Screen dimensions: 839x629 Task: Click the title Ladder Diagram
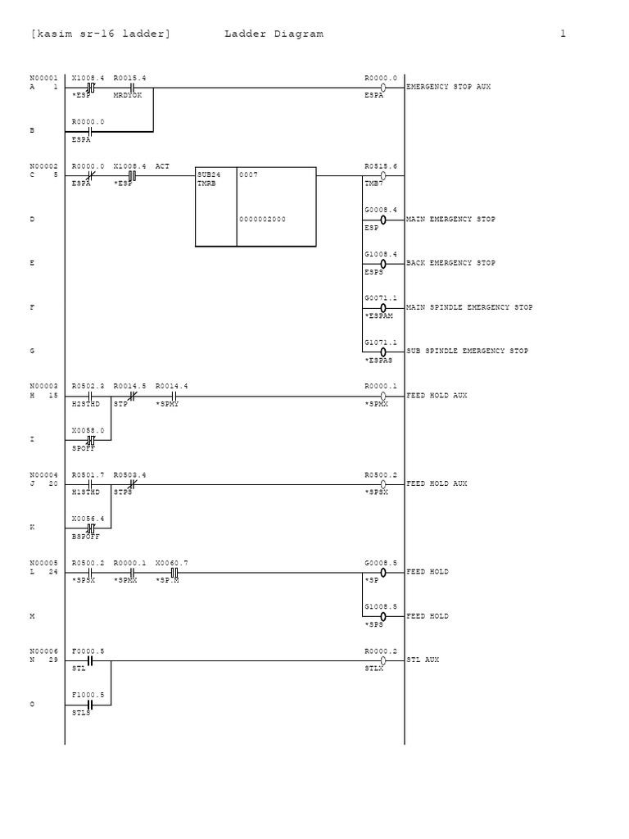tap(274, 34)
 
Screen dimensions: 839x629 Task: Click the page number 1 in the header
tap(563, 34)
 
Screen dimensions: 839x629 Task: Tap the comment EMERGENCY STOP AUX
tap(449, 86)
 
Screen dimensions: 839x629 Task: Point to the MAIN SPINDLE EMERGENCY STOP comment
tap(469, 307)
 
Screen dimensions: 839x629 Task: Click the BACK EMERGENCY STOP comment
tap(451, 263)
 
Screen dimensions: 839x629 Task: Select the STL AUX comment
tap(423, 660)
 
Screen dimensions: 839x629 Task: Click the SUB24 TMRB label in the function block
tap(209, 179)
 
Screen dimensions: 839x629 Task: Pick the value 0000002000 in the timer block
tap(263, 220)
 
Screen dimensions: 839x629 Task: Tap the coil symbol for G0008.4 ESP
tap(383, 220)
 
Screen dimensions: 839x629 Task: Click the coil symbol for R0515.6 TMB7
tap(383, 175)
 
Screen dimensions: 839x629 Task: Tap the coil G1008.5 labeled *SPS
tap(383, 616)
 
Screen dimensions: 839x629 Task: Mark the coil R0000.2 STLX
tap(383, 660)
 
